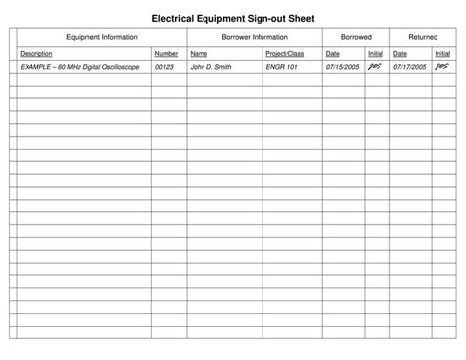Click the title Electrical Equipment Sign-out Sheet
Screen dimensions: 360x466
(232, 17)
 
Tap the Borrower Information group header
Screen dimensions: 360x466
(255, 36)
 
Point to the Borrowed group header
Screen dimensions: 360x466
(356, 36)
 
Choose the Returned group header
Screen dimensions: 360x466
(423, 36)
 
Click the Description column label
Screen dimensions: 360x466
(36, 53)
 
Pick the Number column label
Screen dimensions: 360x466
(166, 53)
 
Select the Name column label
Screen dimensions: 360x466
(199, 53)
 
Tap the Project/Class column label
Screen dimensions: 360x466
(285, 53)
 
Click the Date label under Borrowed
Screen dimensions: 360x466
(332, 53)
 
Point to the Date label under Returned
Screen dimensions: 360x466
(399, 53)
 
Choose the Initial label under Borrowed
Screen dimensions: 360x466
(375, 53)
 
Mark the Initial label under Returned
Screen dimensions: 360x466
(441, 53)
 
